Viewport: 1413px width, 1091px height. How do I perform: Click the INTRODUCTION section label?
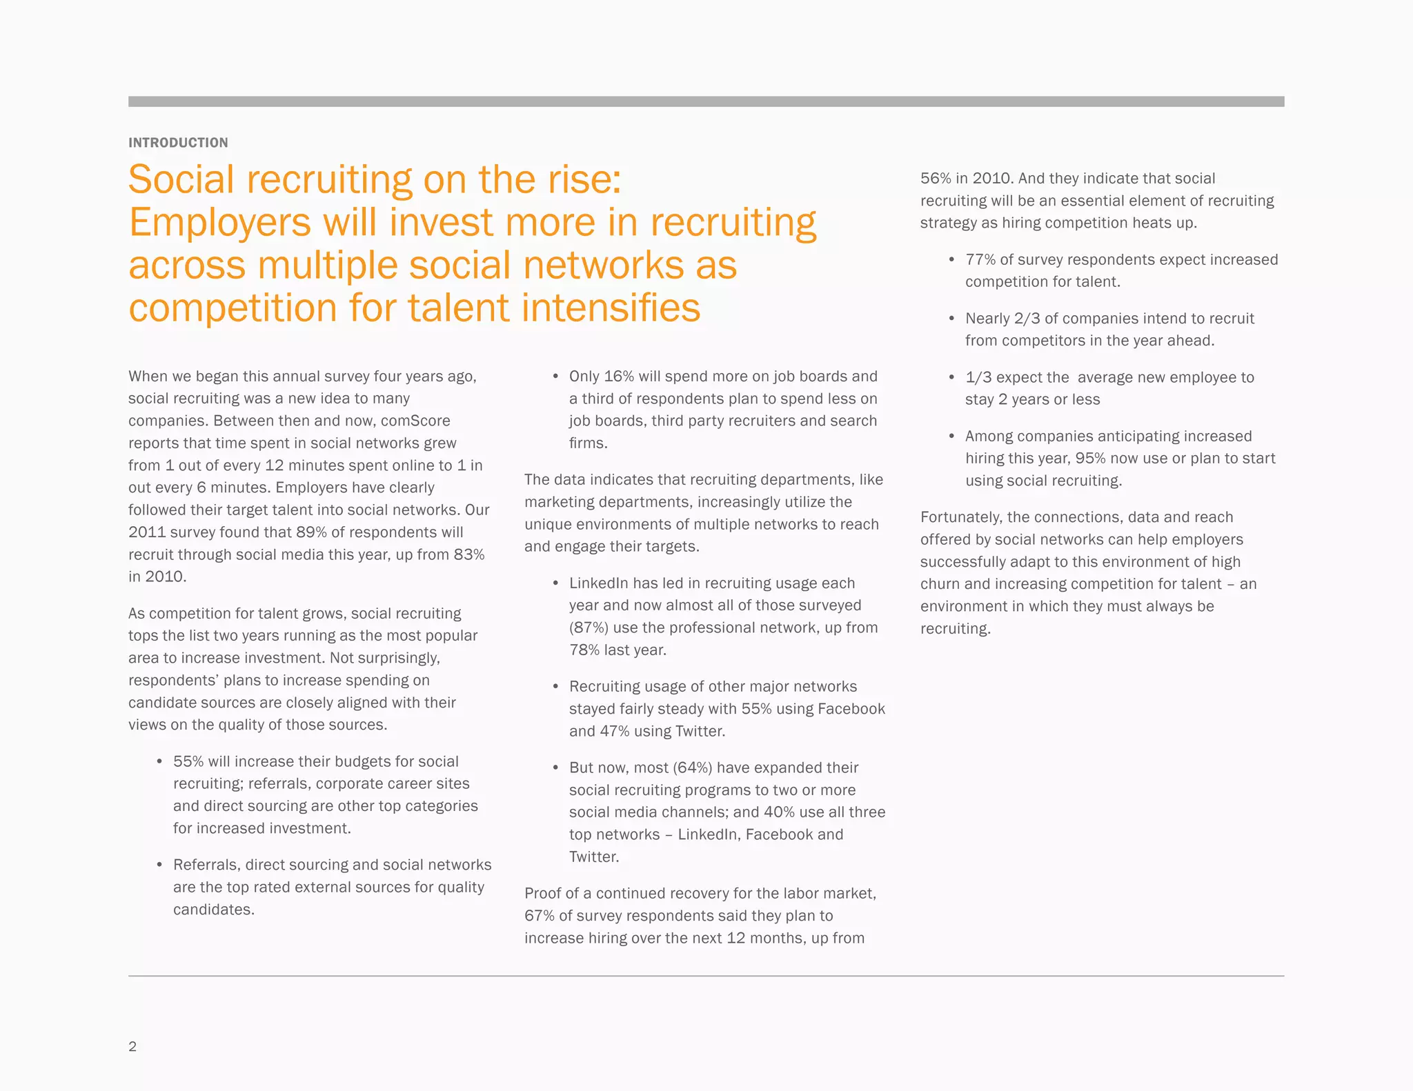coord(178,143)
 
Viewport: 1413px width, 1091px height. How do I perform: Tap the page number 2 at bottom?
coord(132,1046)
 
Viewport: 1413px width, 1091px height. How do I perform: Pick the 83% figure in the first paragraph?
coord(469,554)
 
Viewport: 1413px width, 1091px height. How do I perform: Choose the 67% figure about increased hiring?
coord(540,916)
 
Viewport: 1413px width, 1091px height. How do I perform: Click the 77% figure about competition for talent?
coord(980,259)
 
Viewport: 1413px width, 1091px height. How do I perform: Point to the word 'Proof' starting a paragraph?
coord(544,894)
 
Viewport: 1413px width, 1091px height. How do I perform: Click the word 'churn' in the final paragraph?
coord(940,584)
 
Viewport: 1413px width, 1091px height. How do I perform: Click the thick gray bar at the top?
coord(706,101)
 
